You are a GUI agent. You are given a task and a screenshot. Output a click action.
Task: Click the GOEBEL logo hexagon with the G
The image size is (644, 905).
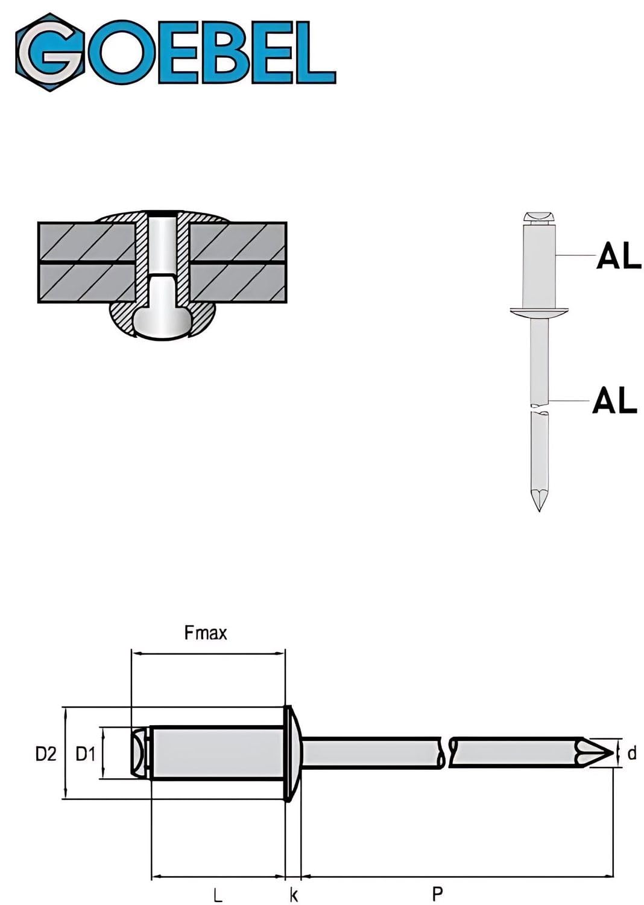50,52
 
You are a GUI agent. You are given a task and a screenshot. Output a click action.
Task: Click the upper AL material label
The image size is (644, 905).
619,255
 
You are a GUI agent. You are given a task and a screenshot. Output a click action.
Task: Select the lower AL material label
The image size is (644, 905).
615,400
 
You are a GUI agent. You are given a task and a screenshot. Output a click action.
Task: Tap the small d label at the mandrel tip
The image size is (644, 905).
632,754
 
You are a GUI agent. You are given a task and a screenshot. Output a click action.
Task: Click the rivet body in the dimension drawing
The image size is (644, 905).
217,754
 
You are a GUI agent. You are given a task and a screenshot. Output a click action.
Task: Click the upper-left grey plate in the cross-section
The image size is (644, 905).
87,241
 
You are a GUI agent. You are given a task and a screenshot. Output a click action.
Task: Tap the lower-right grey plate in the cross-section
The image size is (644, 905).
238,284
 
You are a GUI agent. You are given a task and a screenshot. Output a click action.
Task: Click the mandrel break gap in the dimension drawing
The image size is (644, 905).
447,753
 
